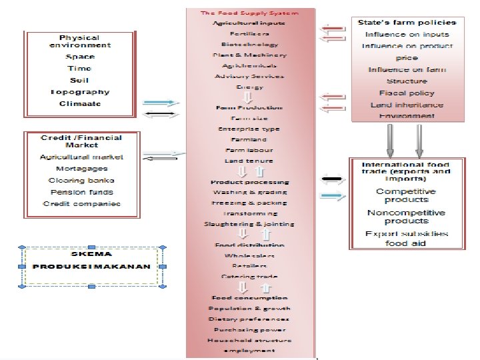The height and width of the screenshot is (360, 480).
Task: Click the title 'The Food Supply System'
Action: pyautogui.click(x=249, y=13)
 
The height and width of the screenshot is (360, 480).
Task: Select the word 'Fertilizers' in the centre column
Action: pyautogui.click(x=249, y=33)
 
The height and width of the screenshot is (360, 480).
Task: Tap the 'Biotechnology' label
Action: pyautogui.click(x=249, y=44)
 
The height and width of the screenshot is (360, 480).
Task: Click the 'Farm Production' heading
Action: pyautogui.click(x=249, y=107)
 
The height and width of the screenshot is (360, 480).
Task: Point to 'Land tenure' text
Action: pyautogui.click(x=249, y=161)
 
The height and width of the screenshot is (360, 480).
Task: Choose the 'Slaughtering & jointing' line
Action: pyautogui.click(x=249, y=224)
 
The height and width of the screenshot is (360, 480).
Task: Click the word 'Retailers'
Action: pyautogui.click(x=249, y=265)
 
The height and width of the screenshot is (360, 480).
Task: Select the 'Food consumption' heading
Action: pyautogui.click(x=249, y=297)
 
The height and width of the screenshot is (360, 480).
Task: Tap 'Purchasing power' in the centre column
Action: pyautogui.click(x=249, y=329)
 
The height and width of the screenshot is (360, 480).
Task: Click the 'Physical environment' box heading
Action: pyautogui.click(x=80, y=41)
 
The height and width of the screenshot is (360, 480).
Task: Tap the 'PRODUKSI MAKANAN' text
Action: pyautogui.click(x=91, y=266)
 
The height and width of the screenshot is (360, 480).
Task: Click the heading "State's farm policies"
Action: pyautogui.click(x=407, y=23)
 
